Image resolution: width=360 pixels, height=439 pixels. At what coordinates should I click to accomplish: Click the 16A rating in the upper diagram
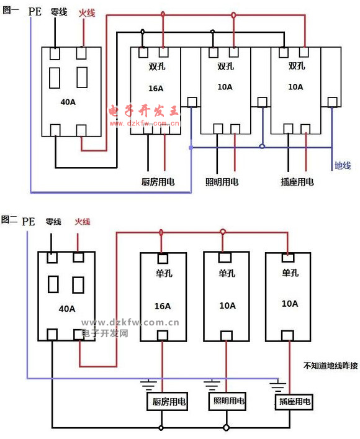(x=156, y=88)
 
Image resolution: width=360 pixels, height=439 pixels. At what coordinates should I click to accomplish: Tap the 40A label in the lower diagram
(x=67, y=309)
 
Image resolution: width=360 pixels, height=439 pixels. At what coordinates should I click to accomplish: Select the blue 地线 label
(x=343, y=165)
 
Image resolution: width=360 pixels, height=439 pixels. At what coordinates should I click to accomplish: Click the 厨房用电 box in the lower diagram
(x=167, y=402)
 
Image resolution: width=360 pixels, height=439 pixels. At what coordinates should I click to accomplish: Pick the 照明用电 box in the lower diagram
(x=227, y=401)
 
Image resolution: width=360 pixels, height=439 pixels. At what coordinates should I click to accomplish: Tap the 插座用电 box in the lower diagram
(x=294, y=402)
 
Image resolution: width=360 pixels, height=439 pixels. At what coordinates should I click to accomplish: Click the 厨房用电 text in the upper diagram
(x=158, y=182)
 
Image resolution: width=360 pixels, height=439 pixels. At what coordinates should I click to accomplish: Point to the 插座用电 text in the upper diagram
(x=297, y=182)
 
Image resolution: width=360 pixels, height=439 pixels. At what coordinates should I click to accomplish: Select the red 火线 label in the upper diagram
(x=87, y=13)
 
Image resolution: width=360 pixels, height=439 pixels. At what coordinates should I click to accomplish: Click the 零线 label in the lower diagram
(x=53, y=222)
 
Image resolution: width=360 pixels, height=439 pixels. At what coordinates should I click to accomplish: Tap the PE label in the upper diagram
(x=35, y=11)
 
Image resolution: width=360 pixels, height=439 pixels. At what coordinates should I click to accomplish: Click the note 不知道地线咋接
(x=331, y=365)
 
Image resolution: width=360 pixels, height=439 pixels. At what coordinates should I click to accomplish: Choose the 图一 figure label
(x=11, y=10)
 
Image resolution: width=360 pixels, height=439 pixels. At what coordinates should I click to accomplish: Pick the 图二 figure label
(x=9, y=219)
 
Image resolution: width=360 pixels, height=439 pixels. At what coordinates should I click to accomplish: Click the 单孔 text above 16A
(x=164, y=273)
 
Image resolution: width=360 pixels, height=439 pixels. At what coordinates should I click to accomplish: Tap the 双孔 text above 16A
(x=157, y=66)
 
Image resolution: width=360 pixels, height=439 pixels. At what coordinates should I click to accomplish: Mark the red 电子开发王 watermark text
(x=143, y=111)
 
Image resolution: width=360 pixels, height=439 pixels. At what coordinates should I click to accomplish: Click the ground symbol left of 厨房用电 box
(x=148, y=384)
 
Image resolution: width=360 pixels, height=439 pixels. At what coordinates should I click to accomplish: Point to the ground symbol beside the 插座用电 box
(x=278, y=386)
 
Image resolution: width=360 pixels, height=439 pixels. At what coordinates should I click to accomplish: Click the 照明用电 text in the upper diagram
(x=222, y=182)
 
